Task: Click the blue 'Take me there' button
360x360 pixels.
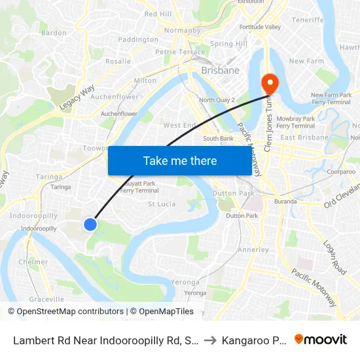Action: coord(180,160)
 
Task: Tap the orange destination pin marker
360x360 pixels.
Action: coord(269,84)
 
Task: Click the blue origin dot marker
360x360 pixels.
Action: coord(90,225)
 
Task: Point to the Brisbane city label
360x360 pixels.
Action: coord(220,70)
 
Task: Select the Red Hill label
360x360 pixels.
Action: coord(158,14)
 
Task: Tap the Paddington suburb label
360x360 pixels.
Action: coord(137,39)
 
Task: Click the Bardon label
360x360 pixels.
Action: coord(54,33)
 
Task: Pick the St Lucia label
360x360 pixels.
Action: coord(162,204)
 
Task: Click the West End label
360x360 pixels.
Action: coord(180,125)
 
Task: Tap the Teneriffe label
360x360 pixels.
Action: coord(308,20)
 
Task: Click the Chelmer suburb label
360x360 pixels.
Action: coord(33,262)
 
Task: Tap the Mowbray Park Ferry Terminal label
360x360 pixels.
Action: coord(296,122)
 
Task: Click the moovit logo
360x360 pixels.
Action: coord(320,340)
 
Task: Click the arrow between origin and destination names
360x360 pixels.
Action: coord(210,340)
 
